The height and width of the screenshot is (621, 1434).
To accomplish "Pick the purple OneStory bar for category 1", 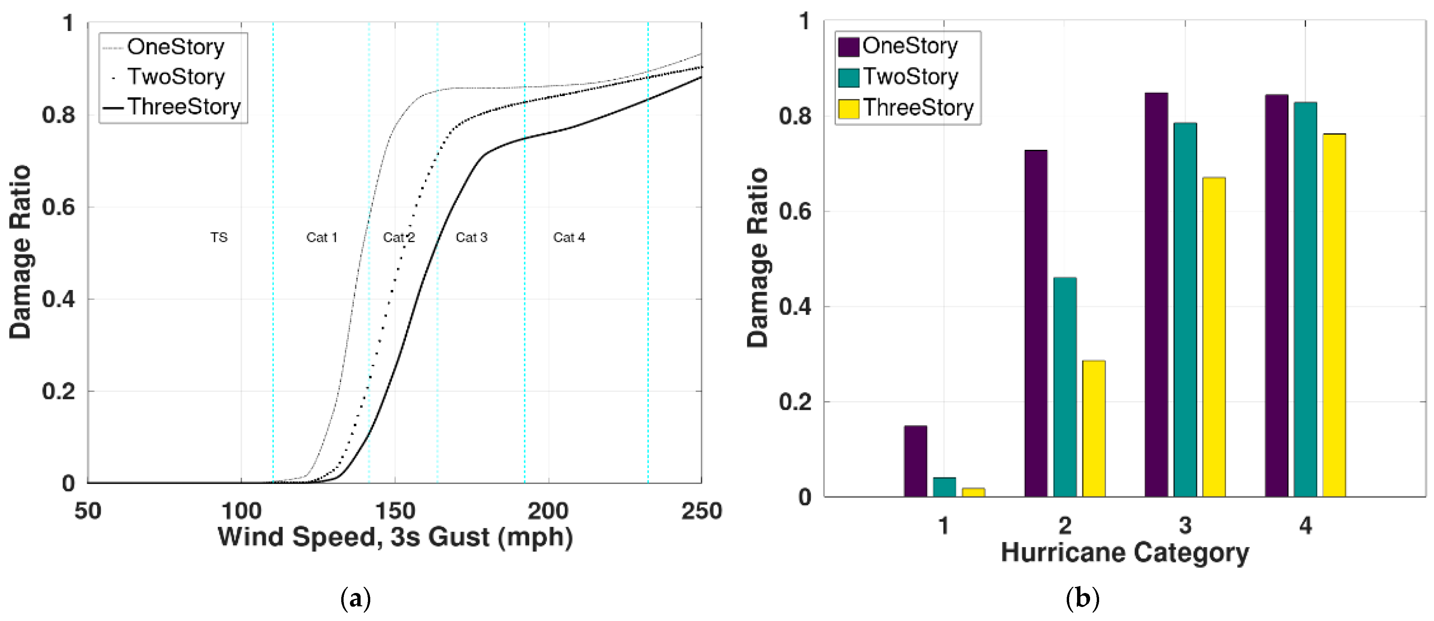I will [915, 461].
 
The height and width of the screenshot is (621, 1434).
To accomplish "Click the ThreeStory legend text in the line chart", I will [184, 106].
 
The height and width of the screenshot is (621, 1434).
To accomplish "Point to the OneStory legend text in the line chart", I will [175, 47].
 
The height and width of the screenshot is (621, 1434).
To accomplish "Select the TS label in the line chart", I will [219, 237].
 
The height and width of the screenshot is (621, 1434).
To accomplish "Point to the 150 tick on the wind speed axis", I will [395, 511].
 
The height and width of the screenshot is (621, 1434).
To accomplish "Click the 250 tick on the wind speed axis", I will [701, 511].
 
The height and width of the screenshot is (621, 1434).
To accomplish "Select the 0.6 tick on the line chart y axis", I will [58, 207].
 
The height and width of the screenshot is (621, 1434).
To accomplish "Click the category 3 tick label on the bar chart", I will [1185, 525].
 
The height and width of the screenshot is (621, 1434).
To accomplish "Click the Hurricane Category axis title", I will [1124, 553].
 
